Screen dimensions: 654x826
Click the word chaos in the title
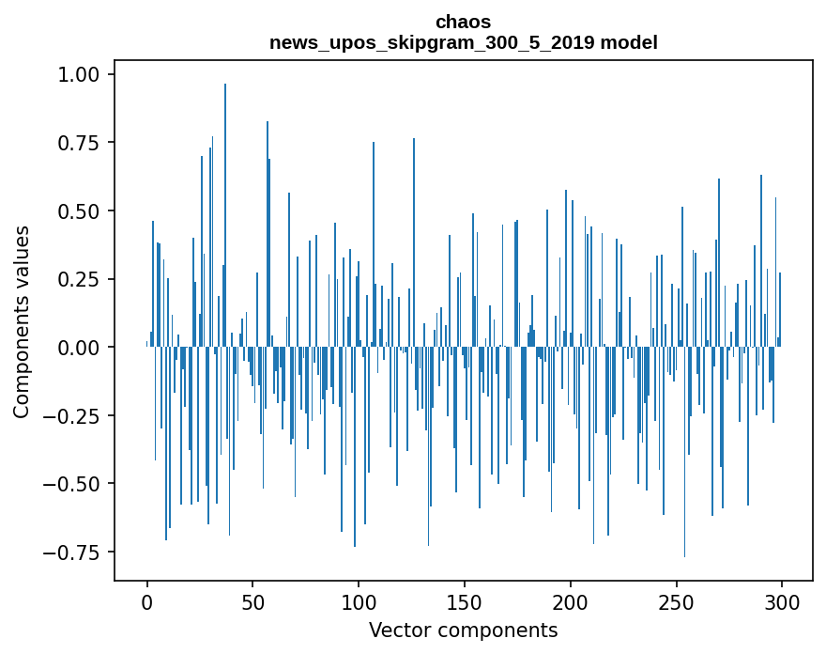coord(463,22)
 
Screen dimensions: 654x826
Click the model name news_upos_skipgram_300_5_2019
coord(437,42)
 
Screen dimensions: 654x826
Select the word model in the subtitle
coord(632,42)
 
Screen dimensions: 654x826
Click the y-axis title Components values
coord(22,321)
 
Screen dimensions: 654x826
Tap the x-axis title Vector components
coord(463,631)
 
